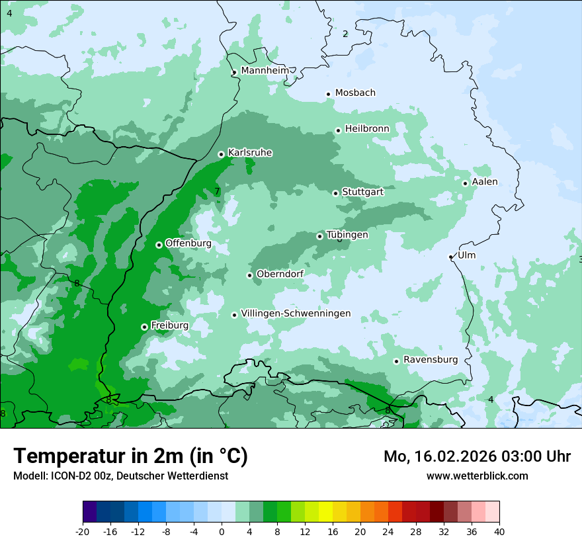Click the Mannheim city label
point(265,70)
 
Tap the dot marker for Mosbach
point(328,94)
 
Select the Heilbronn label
point(367,128)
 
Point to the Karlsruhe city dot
point(221,154)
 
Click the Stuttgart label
point(362,192)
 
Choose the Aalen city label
point(485,182)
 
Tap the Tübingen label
point(347,235)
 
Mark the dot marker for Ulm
point(451,257)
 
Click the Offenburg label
point(188,243)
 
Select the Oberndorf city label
point(280,274)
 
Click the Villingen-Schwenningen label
point(296,314)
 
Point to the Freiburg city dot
point(144,327)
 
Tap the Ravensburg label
point(431,360)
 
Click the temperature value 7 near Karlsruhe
point(216,192)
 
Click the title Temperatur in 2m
point(131,456)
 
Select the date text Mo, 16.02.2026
point(442,456)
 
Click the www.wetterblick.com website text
point(477,476)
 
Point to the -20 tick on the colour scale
point(83,531)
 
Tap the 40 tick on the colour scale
point(499,531)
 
